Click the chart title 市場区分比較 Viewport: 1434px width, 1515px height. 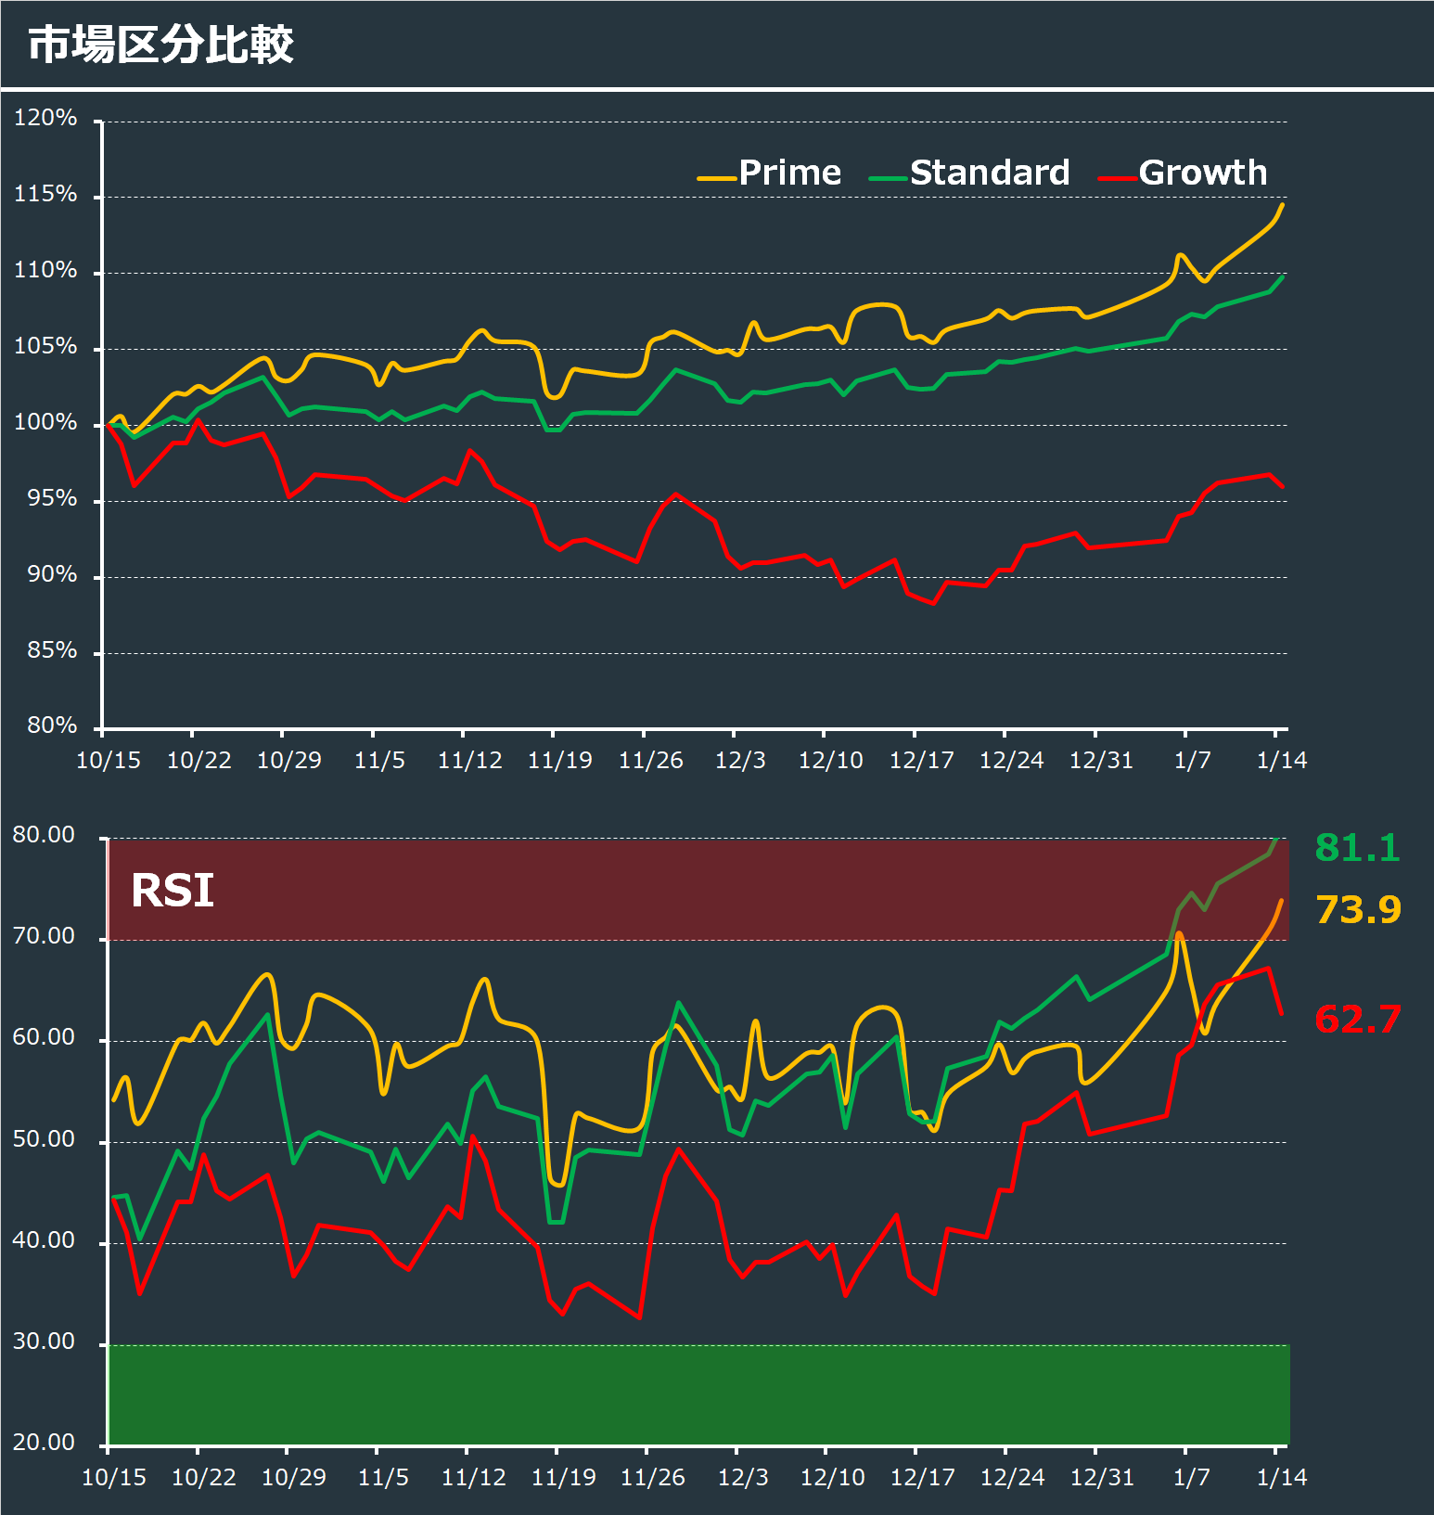click(x=160, y=45)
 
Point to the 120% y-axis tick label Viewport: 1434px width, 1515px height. click(x=45, y=118)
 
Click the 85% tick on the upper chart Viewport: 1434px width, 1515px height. click(x=52, y=650)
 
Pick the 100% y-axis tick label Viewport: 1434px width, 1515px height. click(x=45, y=422)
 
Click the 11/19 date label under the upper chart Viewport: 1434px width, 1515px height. click(x=559, y=761)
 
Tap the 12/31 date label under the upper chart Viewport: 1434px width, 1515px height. click(x=1101, y=761)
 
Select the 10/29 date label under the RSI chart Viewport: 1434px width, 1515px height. click(x=294, y=1477)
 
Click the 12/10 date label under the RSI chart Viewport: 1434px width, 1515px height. click(x=832, y=1477)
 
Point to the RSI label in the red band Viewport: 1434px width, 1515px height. click(x=173, y=891)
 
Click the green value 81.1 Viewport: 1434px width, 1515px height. click(x=1357, y=848)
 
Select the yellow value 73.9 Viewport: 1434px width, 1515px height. click(x=1358, y=910)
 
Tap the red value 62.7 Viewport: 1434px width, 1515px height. click(x=1358, y=1020)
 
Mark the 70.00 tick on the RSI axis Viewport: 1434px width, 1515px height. click(x=44, y=936)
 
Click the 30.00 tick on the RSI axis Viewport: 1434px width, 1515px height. click(x=44, y=1342)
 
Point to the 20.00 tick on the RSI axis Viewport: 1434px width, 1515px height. click(x=44, y=1443)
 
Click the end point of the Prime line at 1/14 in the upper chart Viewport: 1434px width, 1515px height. click(x=1283, y=204)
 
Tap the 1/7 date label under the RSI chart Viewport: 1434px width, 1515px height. click(x=1192, y=1477)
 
